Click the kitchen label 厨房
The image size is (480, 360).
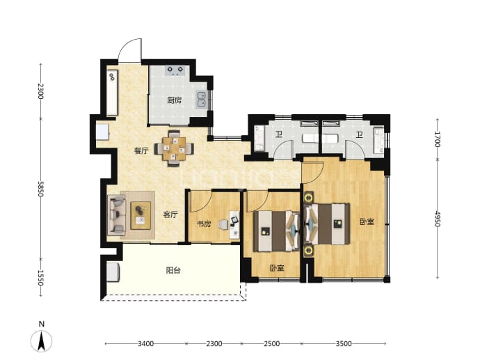click(175, 100)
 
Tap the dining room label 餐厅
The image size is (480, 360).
click(141, 150)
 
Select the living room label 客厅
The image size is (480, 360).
click(170, 214)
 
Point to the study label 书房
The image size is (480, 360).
click(204, 224)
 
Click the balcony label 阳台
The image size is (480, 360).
click(173, 270)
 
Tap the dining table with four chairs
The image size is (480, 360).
click(174, 148)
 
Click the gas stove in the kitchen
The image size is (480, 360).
click(175, 70)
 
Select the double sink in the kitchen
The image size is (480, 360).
click(202, 100)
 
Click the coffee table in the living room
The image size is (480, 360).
click(141, 215)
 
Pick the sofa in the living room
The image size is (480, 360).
click(116, 215)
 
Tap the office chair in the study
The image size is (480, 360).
click(223, 225)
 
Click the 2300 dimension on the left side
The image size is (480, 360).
click(41, 91)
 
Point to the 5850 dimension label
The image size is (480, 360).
click(41, 189)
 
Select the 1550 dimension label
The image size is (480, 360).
click(41, 278)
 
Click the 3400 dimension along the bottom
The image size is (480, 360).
click(145, 344)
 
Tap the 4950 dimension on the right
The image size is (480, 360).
click(437, 219)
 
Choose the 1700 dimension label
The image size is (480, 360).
click(437, 139)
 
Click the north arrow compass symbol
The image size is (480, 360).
click(42, 341)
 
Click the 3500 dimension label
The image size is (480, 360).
click(344, 344)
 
